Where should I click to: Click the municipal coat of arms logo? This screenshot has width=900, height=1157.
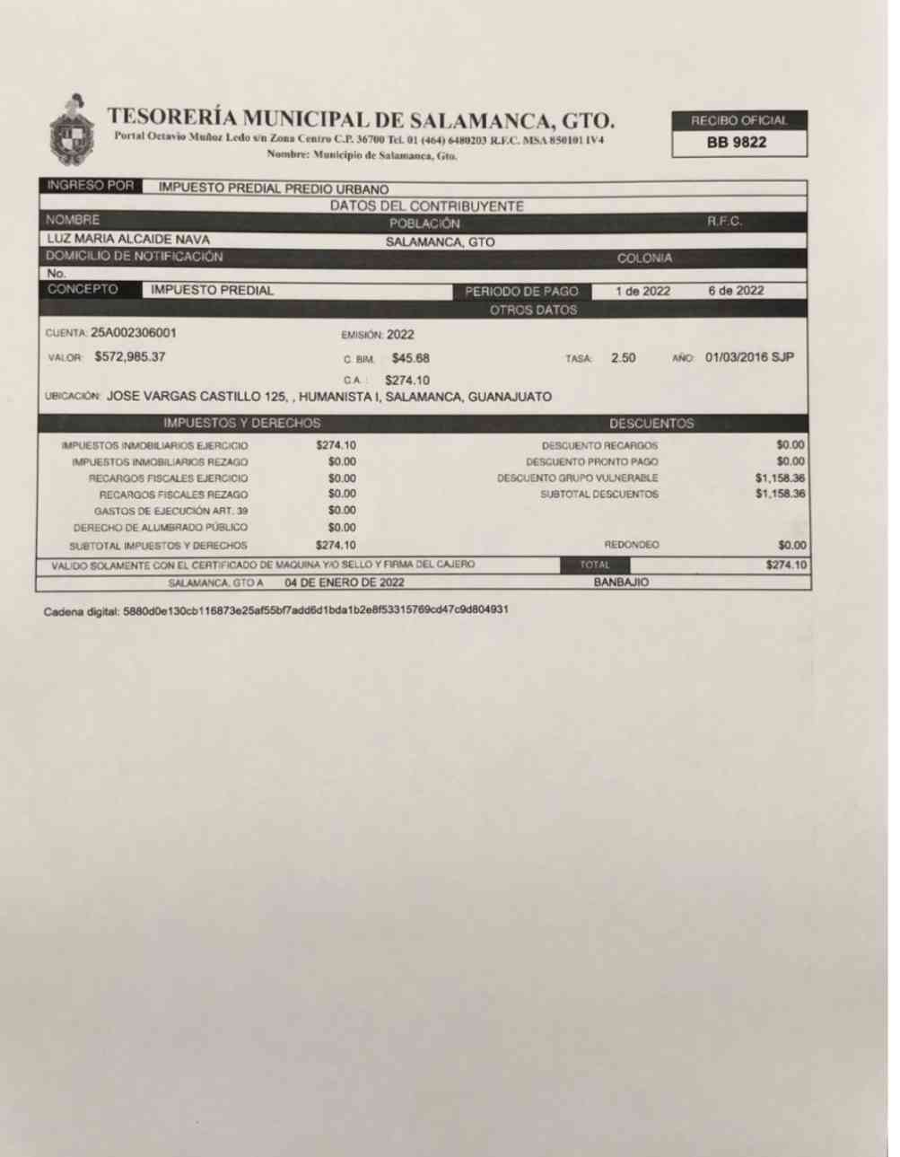click(73, 131)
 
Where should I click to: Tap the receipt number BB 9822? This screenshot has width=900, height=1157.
click(737, 143)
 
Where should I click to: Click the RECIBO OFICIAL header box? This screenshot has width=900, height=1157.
click(738, 120)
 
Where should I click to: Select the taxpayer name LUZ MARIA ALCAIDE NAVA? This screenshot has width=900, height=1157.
click(128, 240)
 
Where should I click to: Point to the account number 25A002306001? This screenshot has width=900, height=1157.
click(134, 333)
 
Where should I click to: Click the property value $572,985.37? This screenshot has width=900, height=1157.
click(130, 356)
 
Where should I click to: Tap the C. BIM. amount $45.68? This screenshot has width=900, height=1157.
click(410, 357)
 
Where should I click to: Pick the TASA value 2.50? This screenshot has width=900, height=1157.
click(623, 357)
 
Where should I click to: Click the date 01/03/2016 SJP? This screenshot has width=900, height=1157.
click(749, 357)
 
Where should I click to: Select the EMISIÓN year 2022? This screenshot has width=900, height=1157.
click(400, 335)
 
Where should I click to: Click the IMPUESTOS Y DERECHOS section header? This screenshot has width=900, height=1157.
click(241, 423)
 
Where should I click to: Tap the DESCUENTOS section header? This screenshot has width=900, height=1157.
click(651, 423)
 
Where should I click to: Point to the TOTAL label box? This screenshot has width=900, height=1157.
click(594, 565)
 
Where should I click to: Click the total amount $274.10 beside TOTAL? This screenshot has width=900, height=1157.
click(785, 565)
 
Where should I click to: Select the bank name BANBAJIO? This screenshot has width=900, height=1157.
click(621, 582)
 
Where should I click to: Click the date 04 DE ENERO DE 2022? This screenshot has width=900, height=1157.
click(345, 582)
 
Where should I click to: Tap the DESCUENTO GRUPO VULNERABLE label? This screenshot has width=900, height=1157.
click(577, 478)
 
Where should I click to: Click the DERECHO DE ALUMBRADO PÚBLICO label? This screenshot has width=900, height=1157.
click(160, 528)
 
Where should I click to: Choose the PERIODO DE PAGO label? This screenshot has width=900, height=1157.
click(520, 291)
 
